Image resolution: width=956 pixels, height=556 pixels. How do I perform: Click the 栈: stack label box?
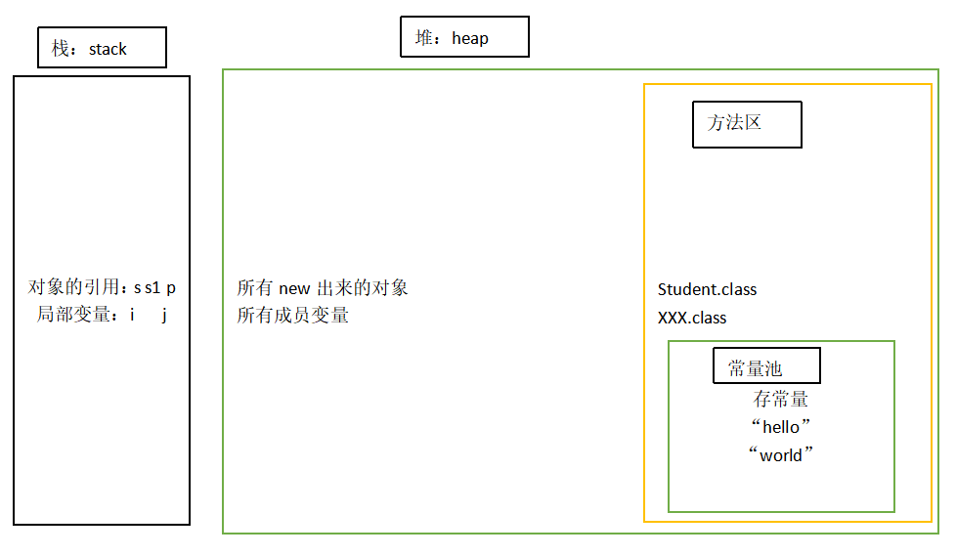click(102, 48)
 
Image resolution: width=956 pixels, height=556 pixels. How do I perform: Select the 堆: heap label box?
click(464, 37)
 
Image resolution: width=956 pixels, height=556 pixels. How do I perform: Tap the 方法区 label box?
click(747, 124)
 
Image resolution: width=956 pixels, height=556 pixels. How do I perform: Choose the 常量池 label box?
click(766, 366)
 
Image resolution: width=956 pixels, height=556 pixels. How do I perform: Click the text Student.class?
click(707, 289)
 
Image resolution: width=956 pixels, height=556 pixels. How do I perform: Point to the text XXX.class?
click(692, 318)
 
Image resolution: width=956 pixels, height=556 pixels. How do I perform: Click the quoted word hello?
click(781, 427)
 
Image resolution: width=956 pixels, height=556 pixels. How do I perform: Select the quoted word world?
click(781, 455)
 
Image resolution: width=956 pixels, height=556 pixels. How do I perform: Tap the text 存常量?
click(781, 400)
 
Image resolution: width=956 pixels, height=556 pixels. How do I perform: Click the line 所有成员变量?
click(293, 316)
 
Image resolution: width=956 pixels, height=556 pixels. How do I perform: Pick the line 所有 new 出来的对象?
click(323, 288)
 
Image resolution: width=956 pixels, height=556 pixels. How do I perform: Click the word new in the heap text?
click(294, 288)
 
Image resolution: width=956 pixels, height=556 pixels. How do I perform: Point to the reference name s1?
click(152, 288)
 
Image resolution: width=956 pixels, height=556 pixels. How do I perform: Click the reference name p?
click(171, 289)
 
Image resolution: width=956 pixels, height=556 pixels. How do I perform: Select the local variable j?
click(165, 316)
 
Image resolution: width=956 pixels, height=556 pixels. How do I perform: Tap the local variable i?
click(131, 316)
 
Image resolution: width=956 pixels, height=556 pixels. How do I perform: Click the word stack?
click(108, 49)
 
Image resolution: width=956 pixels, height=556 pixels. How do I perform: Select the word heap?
click(470, 38)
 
